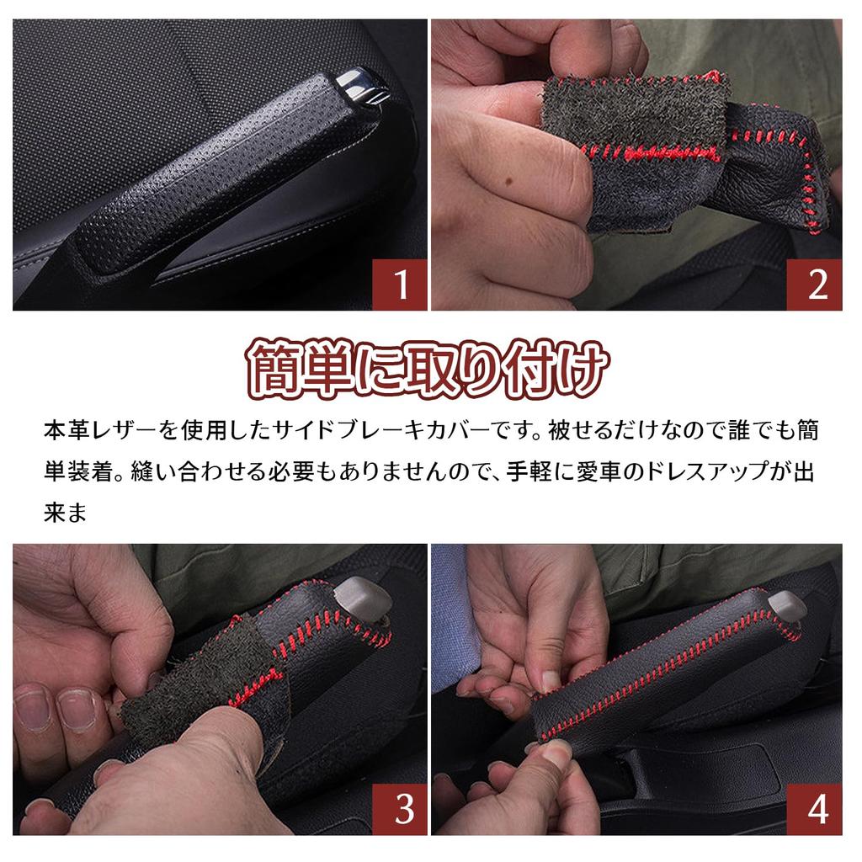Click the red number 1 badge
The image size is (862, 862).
400,285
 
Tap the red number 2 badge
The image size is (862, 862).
815,285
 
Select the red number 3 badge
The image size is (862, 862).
400,809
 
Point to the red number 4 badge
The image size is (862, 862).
815,809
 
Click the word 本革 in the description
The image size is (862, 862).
67,430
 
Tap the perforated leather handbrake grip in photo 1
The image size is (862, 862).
220,176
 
